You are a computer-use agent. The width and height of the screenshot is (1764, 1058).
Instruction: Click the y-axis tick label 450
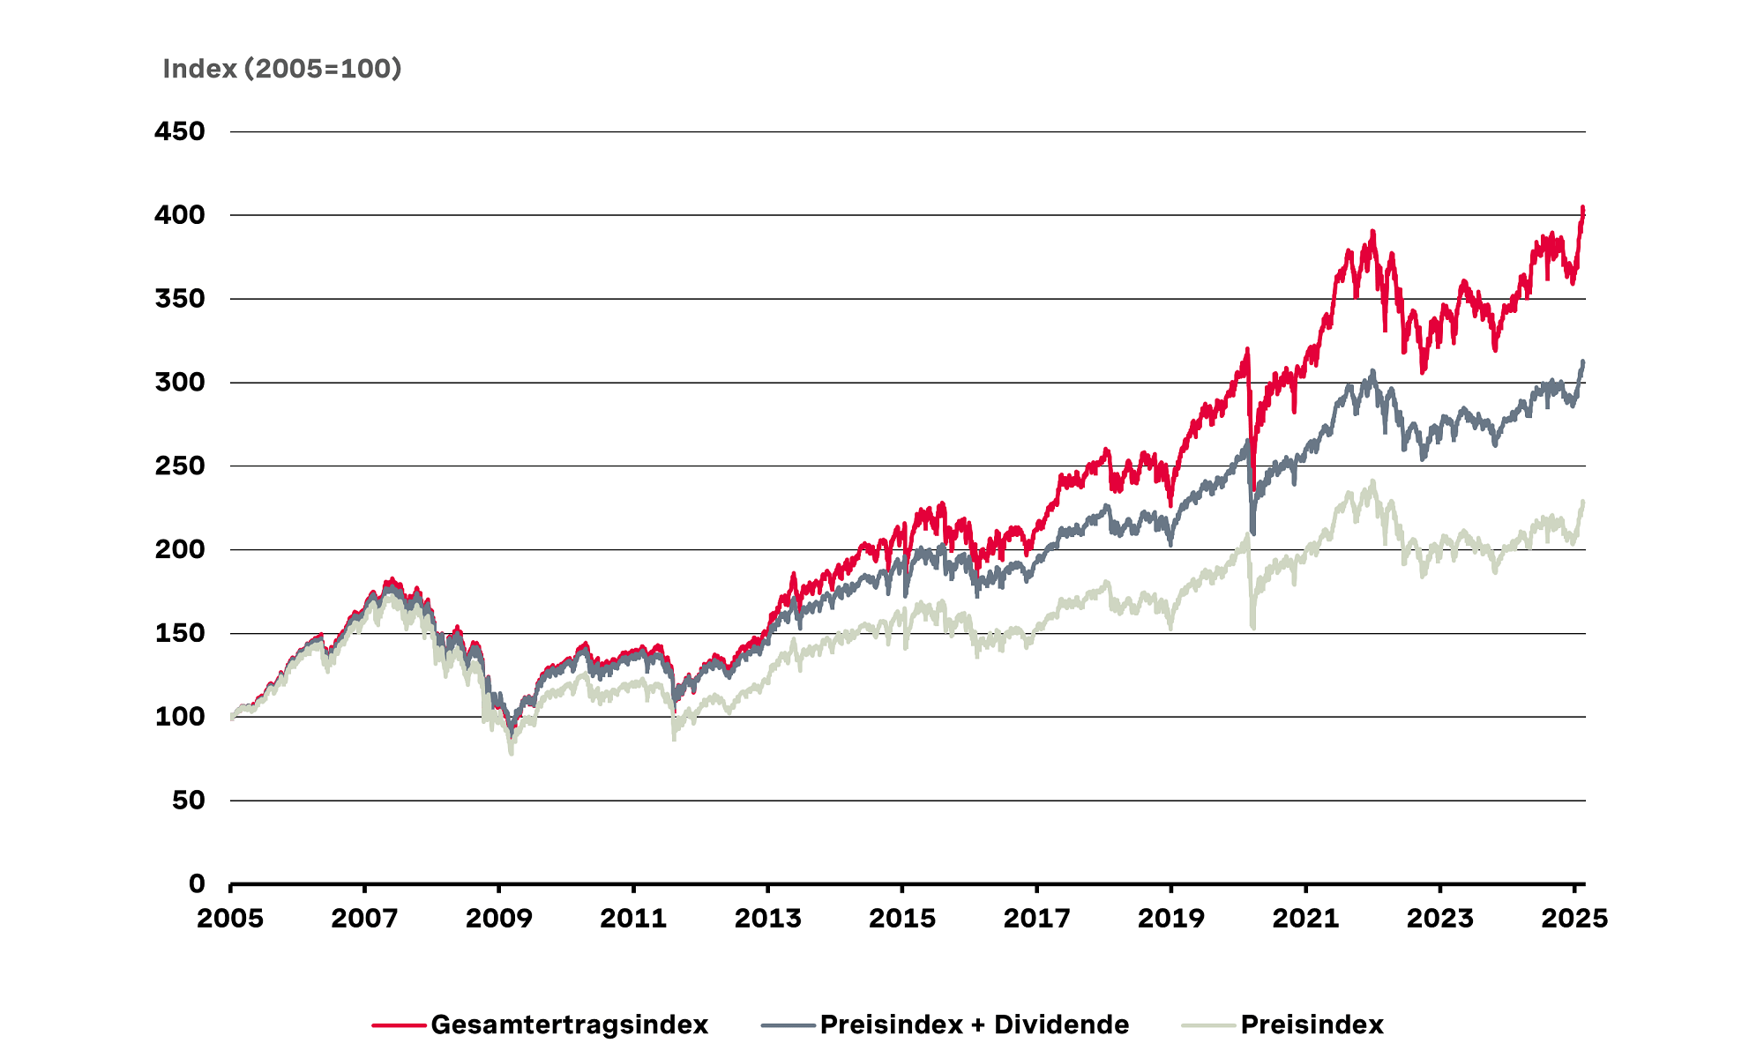180,131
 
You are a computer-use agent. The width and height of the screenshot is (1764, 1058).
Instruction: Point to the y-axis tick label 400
180,215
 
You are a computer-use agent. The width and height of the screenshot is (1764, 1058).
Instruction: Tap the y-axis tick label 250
180,466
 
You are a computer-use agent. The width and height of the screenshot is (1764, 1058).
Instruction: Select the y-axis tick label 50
189,801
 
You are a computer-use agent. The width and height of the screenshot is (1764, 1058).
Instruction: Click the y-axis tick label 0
197,883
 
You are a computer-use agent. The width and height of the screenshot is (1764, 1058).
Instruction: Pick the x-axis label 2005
230,919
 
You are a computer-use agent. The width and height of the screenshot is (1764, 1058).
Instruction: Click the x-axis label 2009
499,919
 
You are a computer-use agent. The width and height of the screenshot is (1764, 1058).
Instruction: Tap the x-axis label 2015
902,919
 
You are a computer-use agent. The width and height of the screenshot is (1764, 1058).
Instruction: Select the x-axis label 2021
1305,919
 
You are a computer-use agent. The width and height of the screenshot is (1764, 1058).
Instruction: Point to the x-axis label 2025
1574,919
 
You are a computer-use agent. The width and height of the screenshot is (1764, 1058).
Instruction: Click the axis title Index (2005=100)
282,69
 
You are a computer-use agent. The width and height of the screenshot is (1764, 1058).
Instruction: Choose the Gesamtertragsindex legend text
570,1024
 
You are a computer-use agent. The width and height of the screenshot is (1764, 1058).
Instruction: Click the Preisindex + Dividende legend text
975,1024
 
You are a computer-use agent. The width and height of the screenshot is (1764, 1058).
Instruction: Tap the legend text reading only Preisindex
1312,1024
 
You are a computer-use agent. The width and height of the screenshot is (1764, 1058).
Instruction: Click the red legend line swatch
399,1025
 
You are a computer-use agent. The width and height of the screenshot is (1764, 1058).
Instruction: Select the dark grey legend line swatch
788,1025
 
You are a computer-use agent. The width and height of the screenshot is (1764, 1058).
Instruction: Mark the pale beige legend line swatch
1208,1025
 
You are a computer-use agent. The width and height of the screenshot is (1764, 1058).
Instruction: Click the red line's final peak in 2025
1582,208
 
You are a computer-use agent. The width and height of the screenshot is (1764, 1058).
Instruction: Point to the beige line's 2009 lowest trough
512,753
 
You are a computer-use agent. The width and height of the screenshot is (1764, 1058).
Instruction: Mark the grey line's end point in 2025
1583,361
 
